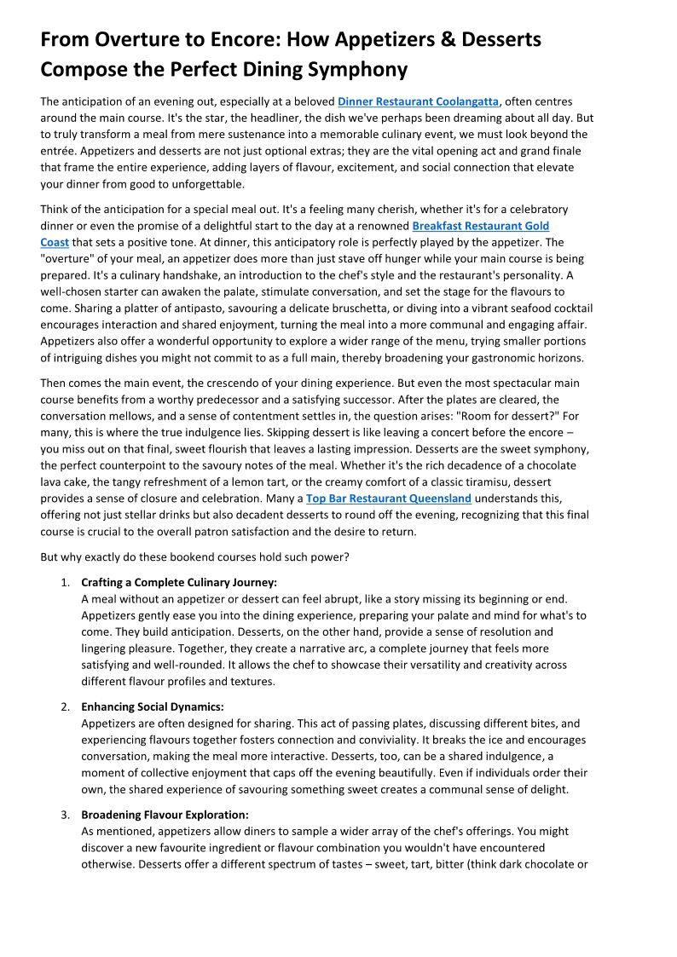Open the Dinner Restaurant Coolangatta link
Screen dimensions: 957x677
pyautogui.click(x=418, y=102)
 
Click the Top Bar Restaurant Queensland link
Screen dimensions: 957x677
pyautogui.click(x=388, y=499)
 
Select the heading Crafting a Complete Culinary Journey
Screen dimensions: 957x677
pyautogui.click(x=179, y=583)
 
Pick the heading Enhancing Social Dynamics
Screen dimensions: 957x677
pyautogui.click(x=153, y=707)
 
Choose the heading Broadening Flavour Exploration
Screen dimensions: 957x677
pyautogui.click(x=165, y=815)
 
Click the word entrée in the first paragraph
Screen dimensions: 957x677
pyautogui.click(x=61, y=151)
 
